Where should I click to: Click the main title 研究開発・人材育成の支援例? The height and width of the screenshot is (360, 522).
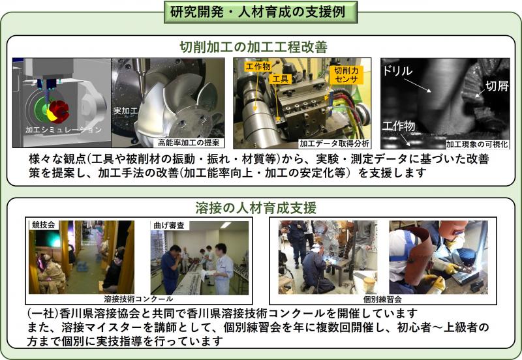(x=261, y=12)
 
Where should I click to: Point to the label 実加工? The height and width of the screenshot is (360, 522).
(x=125, y=111)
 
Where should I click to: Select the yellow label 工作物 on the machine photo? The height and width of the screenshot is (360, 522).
(x=257, y=67)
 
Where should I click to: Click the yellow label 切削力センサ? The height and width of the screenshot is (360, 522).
(x=346, y=74)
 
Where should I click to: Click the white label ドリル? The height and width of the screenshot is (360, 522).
(x=399, y=70)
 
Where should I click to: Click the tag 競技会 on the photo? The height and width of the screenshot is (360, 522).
(x=43, y=224)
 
